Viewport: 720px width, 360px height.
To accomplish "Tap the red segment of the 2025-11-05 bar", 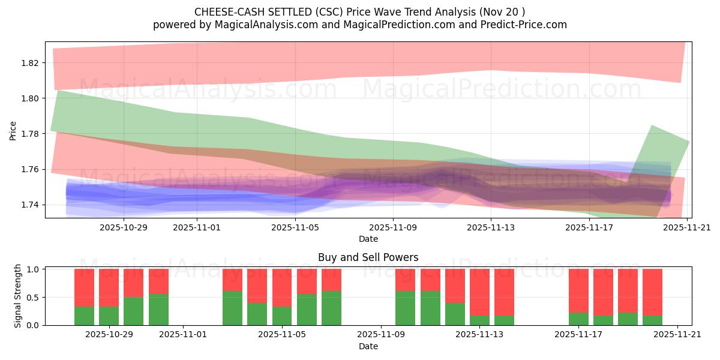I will [x=282, y=287].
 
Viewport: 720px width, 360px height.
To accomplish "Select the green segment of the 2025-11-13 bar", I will [x=479, y=320].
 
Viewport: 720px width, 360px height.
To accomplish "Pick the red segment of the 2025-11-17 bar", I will [x=578, y=290].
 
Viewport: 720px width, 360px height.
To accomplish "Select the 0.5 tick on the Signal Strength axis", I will [x=35, y=297].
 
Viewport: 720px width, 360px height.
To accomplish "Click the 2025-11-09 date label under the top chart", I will [x=393, y=227].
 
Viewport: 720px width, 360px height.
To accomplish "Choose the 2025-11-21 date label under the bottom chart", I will [x=677, y=335].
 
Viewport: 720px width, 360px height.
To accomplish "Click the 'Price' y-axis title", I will [x=13, y=131].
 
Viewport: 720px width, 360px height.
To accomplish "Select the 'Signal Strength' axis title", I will [x=18, y=296].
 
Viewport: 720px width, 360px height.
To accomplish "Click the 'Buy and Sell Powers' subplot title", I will [x=368, y=257].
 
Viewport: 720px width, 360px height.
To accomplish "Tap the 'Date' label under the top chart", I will [x=368, y=239].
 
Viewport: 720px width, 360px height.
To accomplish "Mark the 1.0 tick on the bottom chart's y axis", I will [x=35, y=269].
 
